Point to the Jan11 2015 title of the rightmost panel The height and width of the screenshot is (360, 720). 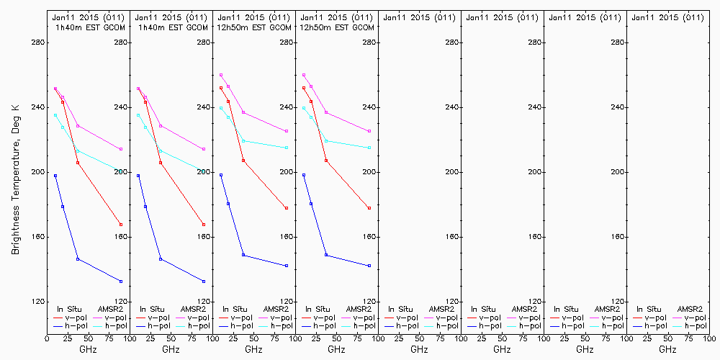(x=666, y=17)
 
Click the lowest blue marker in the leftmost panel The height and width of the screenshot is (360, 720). (x=121, y=282)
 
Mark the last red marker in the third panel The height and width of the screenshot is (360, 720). (x=287, y=208)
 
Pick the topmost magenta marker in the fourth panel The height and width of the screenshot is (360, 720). (x=304, y=75)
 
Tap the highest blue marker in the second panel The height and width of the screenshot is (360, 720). (x=138, y=176)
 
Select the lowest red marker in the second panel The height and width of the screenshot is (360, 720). (x=204, y=225)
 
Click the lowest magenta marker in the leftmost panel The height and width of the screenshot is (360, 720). (x=121, y=149)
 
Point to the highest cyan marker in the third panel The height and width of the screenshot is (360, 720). (x=221, y=108)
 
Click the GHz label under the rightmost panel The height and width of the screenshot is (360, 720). (x=667, y=350)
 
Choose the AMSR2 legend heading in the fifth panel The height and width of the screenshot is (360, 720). (x=443, y=309)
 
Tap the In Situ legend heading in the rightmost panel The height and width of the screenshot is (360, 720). (x=645, y=309)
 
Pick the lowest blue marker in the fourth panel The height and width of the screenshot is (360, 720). (x=369, y=266)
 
